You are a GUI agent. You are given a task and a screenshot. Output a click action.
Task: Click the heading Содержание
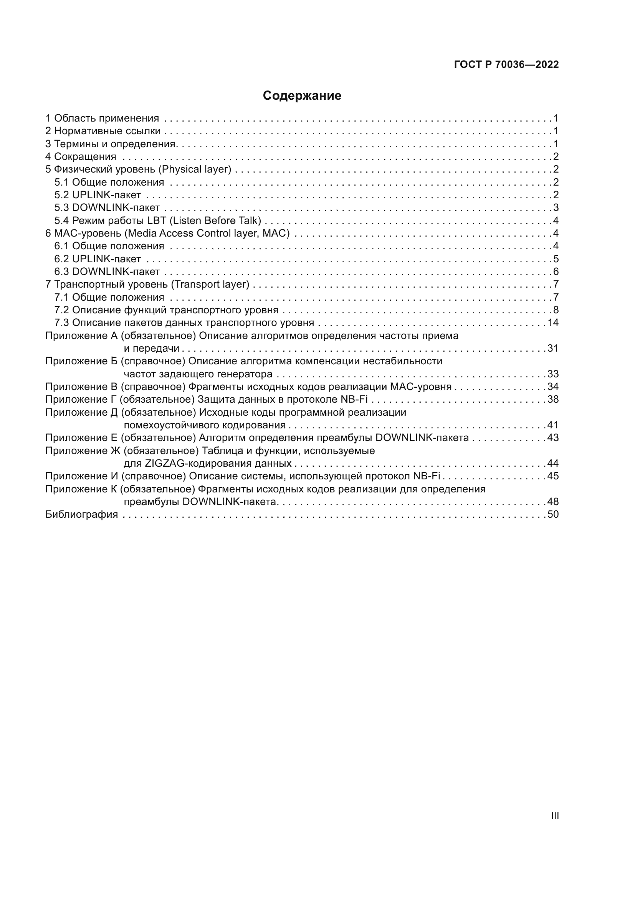click(302, 96)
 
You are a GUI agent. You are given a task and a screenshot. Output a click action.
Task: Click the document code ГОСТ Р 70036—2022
click(506, 64)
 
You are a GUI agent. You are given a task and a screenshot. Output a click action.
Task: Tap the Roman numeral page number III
click(554, 816)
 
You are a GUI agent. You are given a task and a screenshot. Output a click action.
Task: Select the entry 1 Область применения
click(102, 118)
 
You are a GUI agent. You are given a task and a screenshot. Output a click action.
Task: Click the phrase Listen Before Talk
click(215, 221)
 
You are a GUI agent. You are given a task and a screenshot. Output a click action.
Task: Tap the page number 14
click(553, 322)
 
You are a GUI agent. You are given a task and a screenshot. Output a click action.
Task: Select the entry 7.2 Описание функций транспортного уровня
click(166, 310)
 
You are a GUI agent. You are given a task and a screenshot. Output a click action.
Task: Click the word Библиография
click(81, 514)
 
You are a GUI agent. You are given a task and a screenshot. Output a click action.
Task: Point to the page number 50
click(553, 514)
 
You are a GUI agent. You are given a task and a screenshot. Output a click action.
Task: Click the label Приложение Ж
click(83, 451)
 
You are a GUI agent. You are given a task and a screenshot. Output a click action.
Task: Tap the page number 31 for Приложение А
click(553, 348)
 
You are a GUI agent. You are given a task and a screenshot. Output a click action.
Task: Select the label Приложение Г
click(81, 399)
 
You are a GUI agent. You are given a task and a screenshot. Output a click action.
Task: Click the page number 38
click(553, 399)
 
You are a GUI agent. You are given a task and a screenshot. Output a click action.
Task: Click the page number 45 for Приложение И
click(553, 476)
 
